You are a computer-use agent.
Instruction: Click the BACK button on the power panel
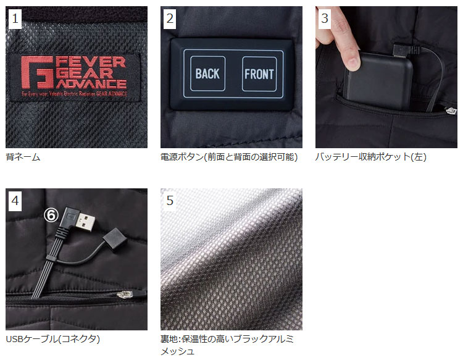coord(207,74)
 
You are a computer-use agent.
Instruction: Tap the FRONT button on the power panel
coord(259,74)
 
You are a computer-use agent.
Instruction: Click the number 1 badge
coord(16,19)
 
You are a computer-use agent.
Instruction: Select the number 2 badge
coord(170,19)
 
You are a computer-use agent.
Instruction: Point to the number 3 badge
coord(325,19)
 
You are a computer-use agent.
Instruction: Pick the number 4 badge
coord(16,201)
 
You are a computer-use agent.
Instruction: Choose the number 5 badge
coord(170,201)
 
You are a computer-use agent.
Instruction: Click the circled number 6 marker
coord(51,215)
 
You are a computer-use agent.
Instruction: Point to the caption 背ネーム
coord(23,157)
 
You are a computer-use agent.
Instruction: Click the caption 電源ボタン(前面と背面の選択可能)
coord(229,157)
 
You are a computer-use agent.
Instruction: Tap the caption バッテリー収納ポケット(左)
coord(371,157)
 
